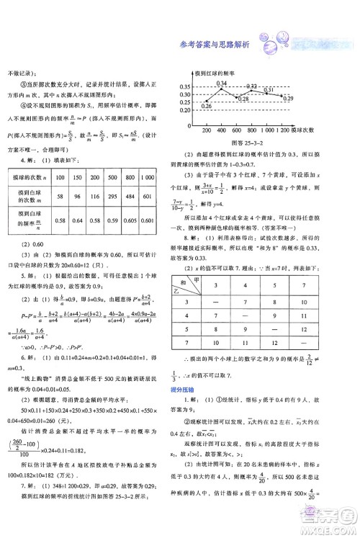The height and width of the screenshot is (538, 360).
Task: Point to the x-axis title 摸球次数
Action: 303,131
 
